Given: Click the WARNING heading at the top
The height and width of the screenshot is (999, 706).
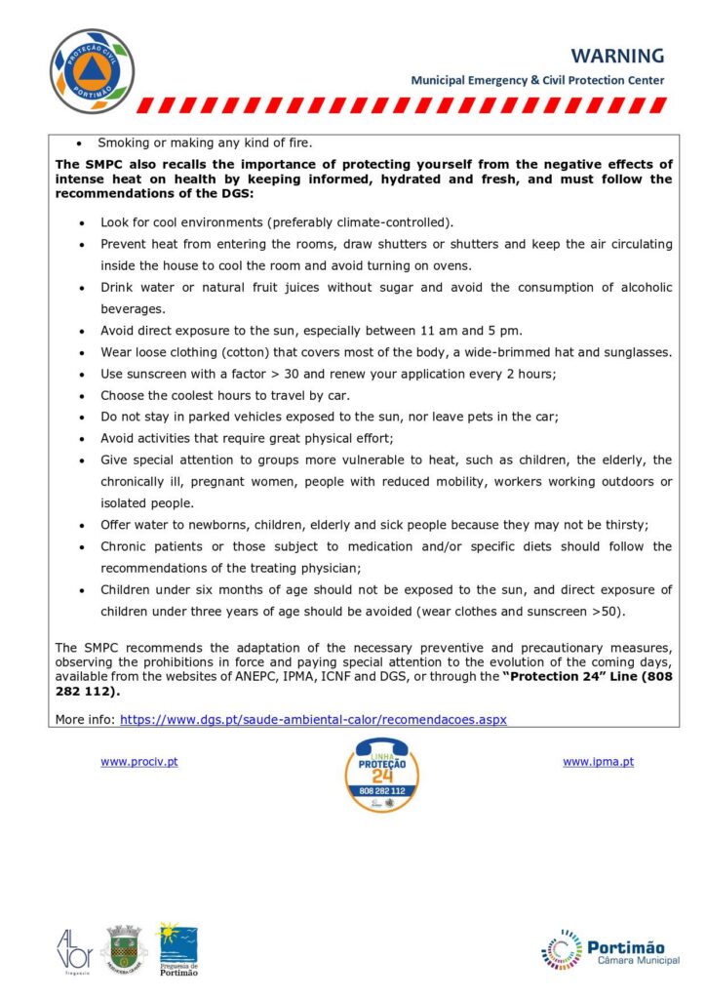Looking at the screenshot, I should (617, 56).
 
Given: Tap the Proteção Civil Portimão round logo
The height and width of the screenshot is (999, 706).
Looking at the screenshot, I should (92, 71).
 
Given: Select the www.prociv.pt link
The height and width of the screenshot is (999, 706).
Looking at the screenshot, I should (138, 762).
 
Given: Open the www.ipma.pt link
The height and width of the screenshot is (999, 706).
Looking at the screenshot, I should (598, 762).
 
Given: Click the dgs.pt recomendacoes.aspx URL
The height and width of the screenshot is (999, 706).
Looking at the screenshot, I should (313, 719).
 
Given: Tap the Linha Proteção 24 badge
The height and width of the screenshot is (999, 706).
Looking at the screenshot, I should (381, 775).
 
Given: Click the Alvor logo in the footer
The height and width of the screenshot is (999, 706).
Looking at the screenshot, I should (74, 948).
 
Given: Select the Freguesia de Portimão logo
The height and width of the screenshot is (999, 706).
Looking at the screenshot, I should (177, 949).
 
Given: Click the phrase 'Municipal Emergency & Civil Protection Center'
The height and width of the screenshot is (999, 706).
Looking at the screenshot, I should (537, 80).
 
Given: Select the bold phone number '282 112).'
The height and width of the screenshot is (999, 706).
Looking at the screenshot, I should (89, 692).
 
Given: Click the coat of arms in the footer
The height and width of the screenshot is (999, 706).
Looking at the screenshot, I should (125, 947).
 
